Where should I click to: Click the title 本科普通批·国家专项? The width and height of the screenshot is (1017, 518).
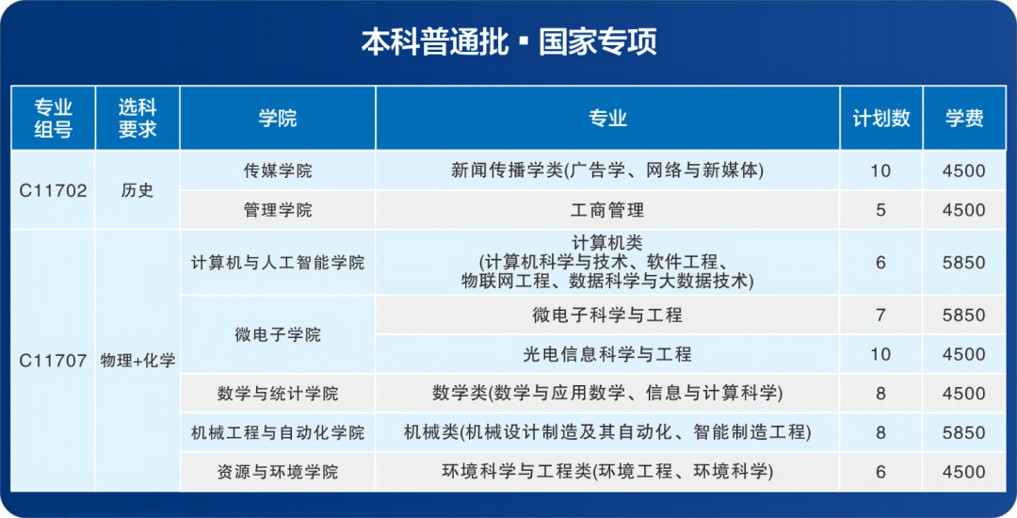508,41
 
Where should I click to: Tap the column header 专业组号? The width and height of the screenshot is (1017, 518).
53,118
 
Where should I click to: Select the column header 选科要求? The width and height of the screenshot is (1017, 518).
137,118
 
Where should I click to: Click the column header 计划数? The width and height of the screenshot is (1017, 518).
880,118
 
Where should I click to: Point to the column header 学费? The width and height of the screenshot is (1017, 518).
964,118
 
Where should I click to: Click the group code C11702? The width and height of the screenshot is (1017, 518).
53,190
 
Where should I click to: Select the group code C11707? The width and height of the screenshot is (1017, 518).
53,361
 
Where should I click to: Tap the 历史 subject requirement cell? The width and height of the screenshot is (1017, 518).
137,190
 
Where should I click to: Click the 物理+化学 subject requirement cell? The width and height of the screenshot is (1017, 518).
137,361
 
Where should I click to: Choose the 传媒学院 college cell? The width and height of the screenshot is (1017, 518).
278,170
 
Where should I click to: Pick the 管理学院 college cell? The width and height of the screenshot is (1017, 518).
278,210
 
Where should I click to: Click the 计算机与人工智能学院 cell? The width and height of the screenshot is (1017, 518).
278,263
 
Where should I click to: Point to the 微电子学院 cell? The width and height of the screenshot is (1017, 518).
278,334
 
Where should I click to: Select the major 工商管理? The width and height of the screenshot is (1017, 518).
607,210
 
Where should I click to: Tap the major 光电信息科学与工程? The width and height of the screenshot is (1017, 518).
607,354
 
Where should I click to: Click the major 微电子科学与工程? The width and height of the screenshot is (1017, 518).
607,316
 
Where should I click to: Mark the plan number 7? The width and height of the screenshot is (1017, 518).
880,316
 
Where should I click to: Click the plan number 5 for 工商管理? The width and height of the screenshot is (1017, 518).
880,210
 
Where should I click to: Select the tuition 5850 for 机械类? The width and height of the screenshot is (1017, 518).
964,432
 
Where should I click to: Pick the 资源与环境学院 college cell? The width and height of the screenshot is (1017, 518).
278,472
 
